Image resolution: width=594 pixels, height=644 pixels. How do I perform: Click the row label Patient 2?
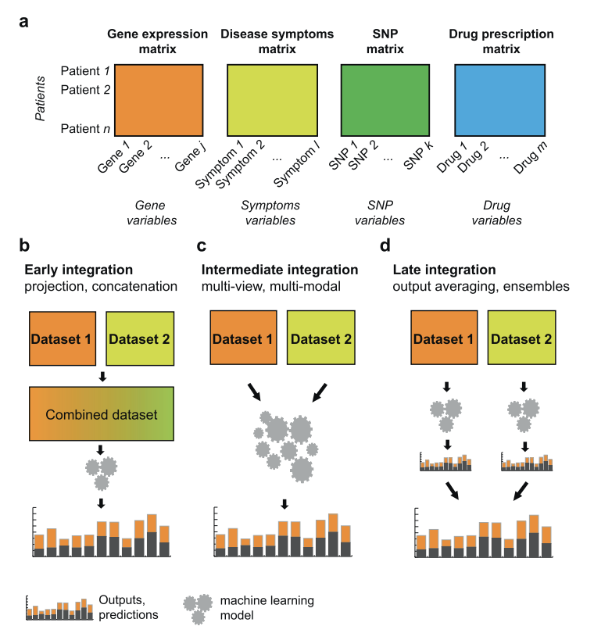[86, 88]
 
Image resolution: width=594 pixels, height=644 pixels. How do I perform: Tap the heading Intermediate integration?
[280, 270]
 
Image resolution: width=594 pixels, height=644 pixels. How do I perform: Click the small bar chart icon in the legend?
[60, 607]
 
